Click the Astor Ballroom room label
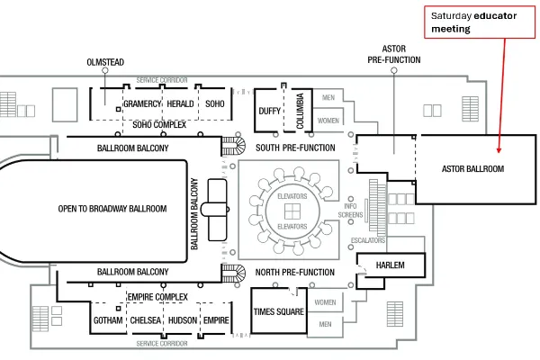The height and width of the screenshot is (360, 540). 472,169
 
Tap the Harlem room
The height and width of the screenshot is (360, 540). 391,265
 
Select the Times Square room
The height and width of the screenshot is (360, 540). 279,311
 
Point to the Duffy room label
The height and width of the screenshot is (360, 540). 269,111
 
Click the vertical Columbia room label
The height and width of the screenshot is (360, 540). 300,111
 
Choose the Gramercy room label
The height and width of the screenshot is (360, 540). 142,103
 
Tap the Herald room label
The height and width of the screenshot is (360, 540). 180,103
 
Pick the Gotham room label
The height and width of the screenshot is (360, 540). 108,320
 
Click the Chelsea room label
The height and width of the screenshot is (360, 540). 145,320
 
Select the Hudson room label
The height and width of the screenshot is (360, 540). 183,320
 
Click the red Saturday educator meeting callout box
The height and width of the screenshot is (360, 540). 480,22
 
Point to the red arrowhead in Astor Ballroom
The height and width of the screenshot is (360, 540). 499,150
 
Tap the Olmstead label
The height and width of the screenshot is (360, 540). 105,62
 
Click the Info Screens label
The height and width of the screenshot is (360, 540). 350,211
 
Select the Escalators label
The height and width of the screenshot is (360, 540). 368,240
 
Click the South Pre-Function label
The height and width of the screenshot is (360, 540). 295,148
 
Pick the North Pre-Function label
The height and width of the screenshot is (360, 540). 295,272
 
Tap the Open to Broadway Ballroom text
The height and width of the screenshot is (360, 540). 112,209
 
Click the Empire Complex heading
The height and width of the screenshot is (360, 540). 157,297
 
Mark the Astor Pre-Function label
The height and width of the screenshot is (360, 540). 394,54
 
